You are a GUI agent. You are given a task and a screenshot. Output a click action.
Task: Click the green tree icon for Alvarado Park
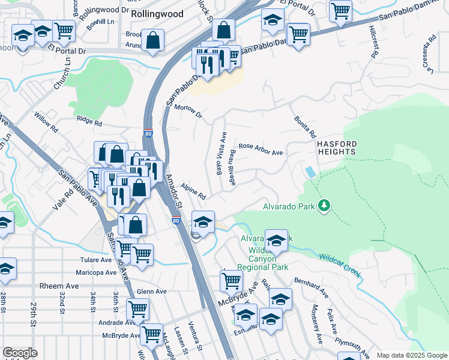(x=324, y=206)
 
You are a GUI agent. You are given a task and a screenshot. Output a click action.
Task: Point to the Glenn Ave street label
(x=151, y=292)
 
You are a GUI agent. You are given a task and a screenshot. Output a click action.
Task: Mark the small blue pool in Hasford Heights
(x=309, y=172)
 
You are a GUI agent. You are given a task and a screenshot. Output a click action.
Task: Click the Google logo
(x=20, y=353)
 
